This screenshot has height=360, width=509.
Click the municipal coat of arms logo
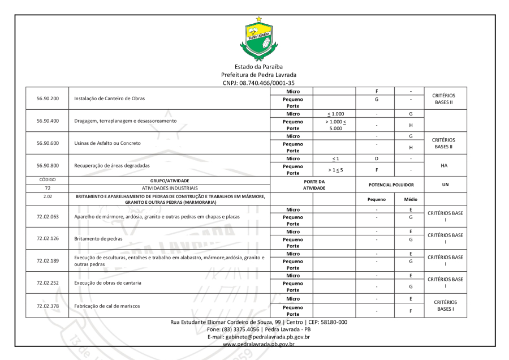[x=258, y=39]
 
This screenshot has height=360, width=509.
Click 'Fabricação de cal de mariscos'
[x=107, y=306]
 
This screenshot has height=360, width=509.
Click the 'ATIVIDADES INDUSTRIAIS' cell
[x=170, y=187]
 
